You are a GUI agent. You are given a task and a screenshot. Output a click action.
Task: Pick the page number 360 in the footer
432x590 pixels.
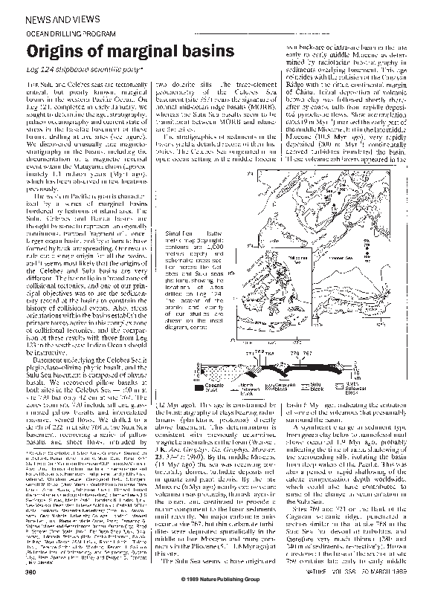click(x=33, y=573)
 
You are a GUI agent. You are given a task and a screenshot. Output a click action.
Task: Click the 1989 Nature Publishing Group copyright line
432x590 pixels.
click(x=216, y=580)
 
